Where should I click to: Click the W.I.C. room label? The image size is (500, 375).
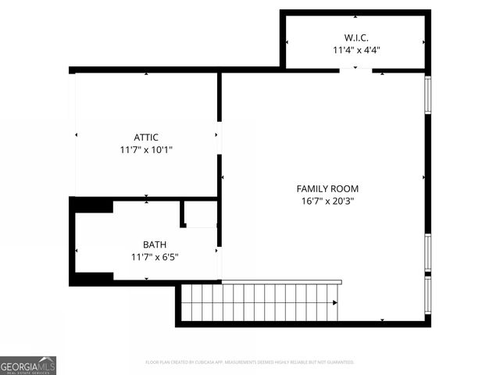point(355,37)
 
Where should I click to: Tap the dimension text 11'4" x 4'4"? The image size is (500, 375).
point(355,49)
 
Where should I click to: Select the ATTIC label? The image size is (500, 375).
point(146,137)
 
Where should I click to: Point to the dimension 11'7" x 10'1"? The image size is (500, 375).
point(146,149)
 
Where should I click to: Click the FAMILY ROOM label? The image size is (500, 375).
point(327,188)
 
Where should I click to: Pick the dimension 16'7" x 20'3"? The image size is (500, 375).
point(327,200)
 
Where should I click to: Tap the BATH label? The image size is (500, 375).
point(154,245)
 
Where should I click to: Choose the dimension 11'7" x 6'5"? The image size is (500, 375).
point(154,256)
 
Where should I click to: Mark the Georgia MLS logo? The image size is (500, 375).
point(28,365)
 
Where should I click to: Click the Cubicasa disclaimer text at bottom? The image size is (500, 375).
point(250,362)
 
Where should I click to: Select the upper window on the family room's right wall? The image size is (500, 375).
point(427,95)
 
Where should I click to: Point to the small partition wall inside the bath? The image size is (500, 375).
point(183,214)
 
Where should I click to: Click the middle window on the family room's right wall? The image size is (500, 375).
point(427,252)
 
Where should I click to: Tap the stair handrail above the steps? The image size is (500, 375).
point(281,281)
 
